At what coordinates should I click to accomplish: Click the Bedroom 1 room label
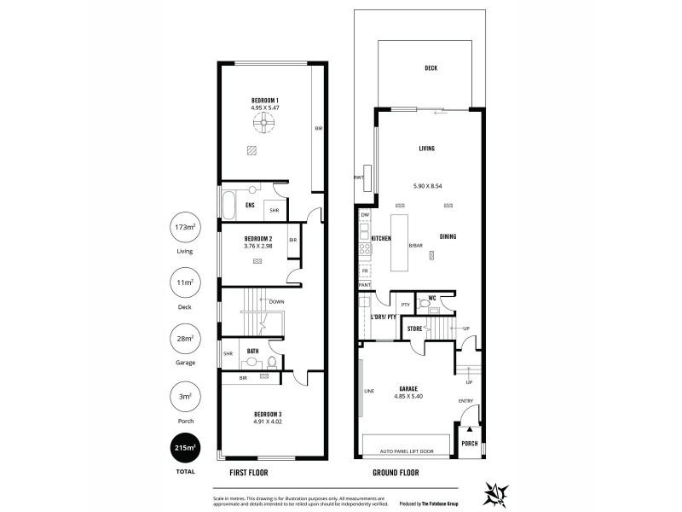[265, 100]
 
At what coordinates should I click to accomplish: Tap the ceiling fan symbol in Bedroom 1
[263, 125]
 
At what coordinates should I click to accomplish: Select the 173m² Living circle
[185, 227]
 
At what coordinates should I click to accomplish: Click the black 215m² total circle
[185, 447]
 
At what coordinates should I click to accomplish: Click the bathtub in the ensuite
[228, 205]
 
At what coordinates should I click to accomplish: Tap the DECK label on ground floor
[431, 68]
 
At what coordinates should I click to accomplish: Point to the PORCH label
[470, 444]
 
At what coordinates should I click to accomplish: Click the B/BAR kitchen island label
[415, 246]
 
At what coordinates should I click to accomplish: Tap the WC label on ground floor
[433, 298]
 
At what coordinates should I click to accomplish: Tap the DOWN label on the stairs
[276, 302]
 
